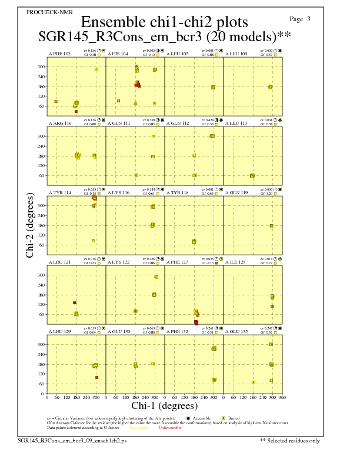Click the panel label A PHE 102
point(59,54)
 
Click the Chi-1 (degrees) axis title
point(164,406)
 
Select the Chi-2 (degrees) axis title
point(30,225)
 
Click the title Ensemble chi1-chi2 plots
point(164,22)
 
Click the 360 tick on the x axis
point(282,398)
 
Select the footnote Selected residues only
point(290,440)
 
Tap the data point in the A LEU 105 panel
point(213,87)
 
